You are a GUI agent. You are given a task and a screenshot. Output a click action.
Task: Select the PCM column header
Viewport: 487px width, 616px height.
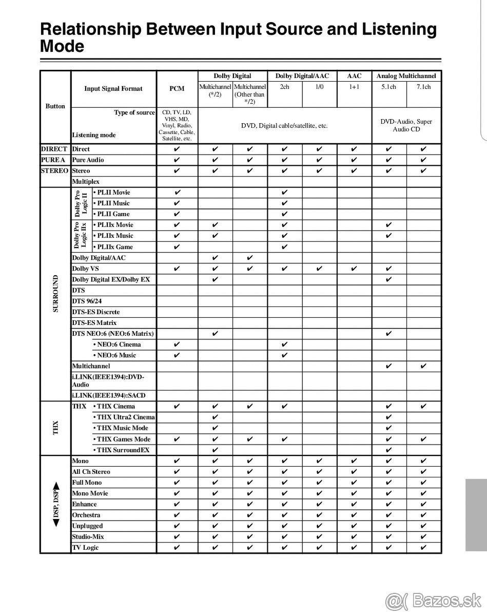tap(177, 89)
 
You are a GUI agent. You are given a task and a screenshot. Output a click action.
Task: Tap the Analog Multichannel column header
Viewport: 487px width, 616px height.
tap(406, 76)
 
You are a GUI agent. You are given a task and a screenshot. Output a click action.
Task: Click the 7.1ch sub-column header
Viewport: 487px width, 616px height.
tap(423, 87)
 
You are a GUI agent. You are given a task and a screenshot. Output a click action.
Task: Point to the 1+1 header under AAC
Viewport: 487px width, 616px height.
tap(354, 87)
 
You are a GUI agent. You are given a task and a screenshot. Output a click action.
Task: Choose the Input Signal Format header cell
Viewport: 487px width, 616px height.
tap(113, 89)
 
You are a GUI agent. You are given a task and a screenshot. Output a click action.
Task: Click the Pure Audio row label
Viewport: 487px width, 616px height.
tap(88, 160)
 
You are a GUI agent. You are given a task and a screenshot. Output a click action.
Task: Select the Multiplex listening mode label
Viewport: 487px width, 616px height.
tap(86, 182)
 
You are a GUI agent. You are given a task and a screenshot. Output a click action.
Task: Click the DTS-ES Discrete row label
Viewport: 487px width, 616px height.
tap(96, 312)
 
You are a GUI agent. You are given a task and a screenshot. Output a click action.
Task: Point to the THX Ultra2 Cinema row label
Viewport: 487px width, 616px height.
tap(124, 417)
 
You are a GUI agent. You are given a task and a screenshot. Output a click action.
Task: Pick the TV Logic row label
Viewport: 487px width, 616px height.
tap(85, 548)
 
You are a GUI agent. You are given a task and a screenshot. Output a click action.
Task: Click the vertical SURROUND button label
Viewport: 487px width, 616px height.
tap(55, 294)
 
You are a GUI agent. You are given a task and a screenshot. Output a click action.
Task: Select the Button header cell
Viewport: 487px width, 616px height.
tap(55, 106)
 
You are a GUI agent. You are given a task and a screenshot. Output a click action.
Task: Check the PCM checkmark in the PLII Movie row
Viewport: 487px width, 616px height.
tap(177, 192)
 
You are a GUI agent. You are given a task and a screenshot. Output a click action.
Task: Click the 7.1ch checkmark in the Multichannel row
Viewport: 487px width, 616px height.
tap(423, 367)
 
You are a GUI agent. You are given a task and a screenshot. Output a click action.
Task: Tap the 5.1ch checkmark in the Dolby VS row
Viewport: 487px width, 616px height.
tap(388, 268)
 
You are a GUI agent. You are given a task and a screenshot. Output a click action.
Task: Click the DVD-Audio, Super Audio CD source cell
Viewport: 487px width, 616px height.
tap(406, 125)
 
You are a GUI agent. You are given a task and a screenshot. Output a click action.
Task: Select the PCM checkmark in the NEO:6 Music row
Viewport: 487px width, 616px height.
tap(177, 355)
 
